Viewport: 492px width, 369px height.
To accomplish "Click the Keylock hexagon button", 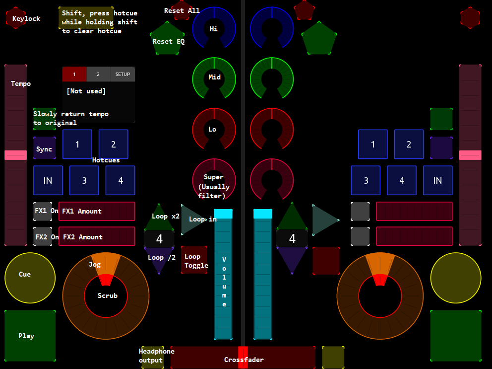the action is pos(16,18).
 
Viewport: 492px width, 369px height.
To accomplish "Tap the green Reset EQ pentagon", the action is pos(167,39).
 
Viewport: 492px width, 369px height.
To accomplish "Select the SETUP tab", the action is pos(123,74).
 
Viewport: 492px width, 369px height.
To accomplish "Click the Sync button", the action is pos(44,148).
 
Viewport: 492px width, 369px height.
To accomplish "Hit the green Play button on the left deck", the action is pos(30,336).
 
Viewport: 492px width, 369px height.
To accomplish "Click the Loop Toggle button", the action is pos(194,260).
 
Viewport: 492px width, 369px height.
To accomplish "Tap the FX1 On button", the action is pos(42,211).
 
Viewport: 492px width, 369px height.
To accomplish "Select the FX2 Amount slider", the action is pos(97,236).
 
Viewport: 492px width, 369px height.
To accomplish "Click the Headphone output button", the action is pos(152,357).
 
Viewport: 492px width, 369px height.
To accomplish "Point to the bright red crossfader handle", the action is pos(243,357).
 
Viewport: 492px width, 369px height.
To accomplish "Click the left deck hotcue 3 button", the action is pos(84,180).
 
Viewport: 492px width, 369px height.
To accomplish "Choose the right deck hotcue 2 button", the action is pos(409,145).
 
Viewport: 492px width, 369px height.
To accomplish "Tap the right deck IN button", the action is pos(437,180).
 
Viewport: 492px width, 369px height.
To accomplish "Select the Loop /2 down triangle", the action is pos(159,260).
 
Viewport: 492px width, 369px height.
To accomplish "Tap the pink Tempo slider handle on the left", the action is pos(15,155).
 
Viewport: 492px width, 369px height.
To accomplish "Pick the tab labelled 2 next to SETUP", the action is pos(98,74).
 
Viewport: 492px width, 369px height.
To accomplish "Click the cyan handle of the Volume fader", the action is pos(223,214).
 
